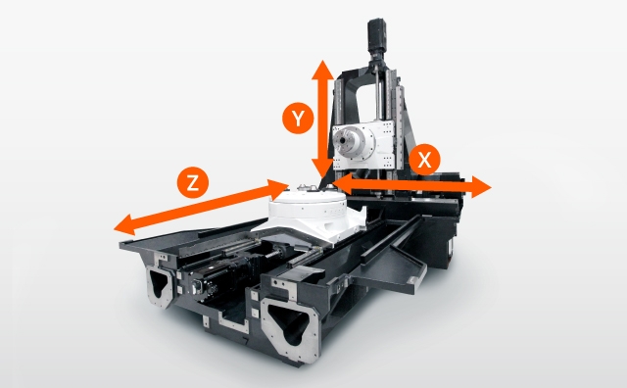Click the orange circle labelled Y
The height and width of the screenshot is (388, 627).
pyautogui.click(x=298, y=119)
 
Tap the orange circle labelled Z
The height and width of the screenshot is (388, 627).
pyautogui.click(x=193, y=183)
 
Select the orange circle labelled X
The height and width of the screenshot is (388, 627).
pyautogui.click(x=424, y=160)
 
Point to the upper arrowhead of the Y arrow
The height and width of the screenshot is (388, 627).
pyautogui.click(x=322, y=70)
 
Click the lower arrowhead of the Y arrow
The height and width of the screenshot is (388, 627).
pyautogui.click(x=322, y=169)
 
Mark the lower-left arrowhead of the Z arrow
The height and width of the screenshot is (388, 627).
pyautogui.click(x=124, y=225)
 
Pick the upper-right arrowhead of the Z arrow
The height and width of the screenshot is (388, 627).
pyautogui.click(x=278, y=188)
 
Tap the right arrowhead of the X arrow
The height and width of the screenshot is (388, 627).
pyautogui.click(x=481, y=187)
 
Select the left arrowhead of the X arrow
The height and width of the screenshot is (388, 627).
pyautogui.click(x=342, y=183)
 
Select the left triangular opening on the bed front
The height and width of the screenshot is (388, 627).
pyautogui.click(x=159, y=282)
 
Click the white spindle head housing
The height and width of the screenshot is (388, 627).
pyautogui.click(x=363, y=144)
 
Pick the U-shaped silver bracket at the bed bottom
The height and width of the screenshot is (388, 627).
pyautogui.click(x=232, y=322)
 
